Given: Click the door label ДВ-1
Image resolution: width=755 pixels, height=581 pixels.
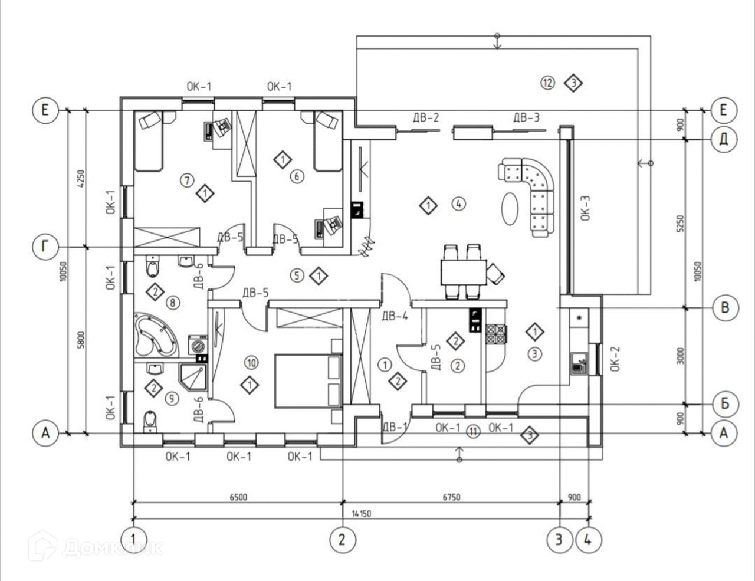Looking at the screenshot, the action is point(395,426).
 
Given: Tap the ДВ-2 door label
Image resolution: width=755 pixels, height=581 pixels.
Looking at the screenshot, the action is point(426,117).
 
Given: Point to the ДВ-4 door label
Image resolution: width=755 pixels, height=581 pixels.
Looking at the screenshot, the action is point(395,316).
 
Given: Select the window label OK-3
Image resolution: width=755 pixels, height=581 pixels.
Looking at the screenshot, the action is point(585,208).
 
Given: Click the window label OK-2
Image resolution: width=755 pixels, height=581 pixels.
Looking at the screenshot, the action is point(615,358).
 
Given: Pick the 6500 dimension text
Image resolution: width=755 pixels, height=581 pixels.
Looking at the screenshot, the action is point(238,497).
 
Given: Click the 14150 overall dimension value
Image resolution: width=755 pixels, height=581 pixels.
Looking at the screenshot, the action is point(361,513).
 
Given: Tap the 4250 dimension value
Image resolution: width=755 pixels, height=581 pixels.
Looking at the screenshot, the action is point(81,178).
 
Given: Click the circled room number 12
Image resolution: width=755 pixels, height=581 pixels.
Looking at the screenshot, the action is point(547,83).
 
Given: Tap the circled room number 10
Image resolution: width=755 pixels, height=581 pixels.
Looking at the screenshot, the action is point(251,362).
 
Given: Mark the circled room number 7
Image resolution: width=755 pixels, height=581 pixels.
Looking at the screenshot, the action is point(186,180).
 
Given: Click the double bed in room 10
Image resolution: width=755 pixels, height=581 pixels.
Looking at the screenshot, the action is point(308,380).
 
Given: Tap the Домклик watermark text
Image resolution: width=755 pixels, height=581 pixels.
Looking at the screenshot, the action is point(112,547).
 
